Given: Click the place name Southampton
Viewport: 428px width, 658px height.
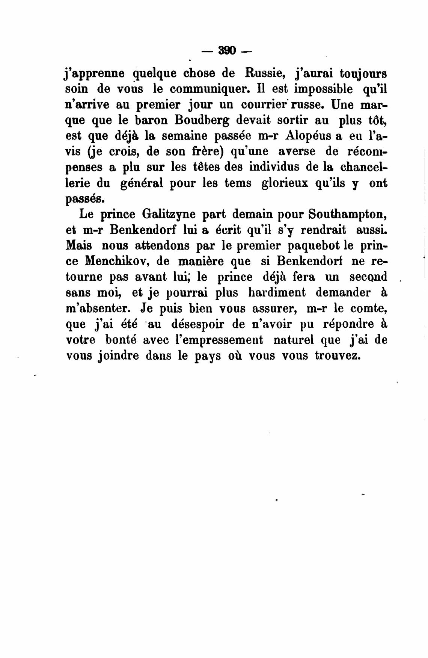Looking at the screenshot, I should point(348,215).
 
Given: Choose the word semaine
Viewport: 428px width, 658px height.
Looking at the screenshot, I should point(186,136).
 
